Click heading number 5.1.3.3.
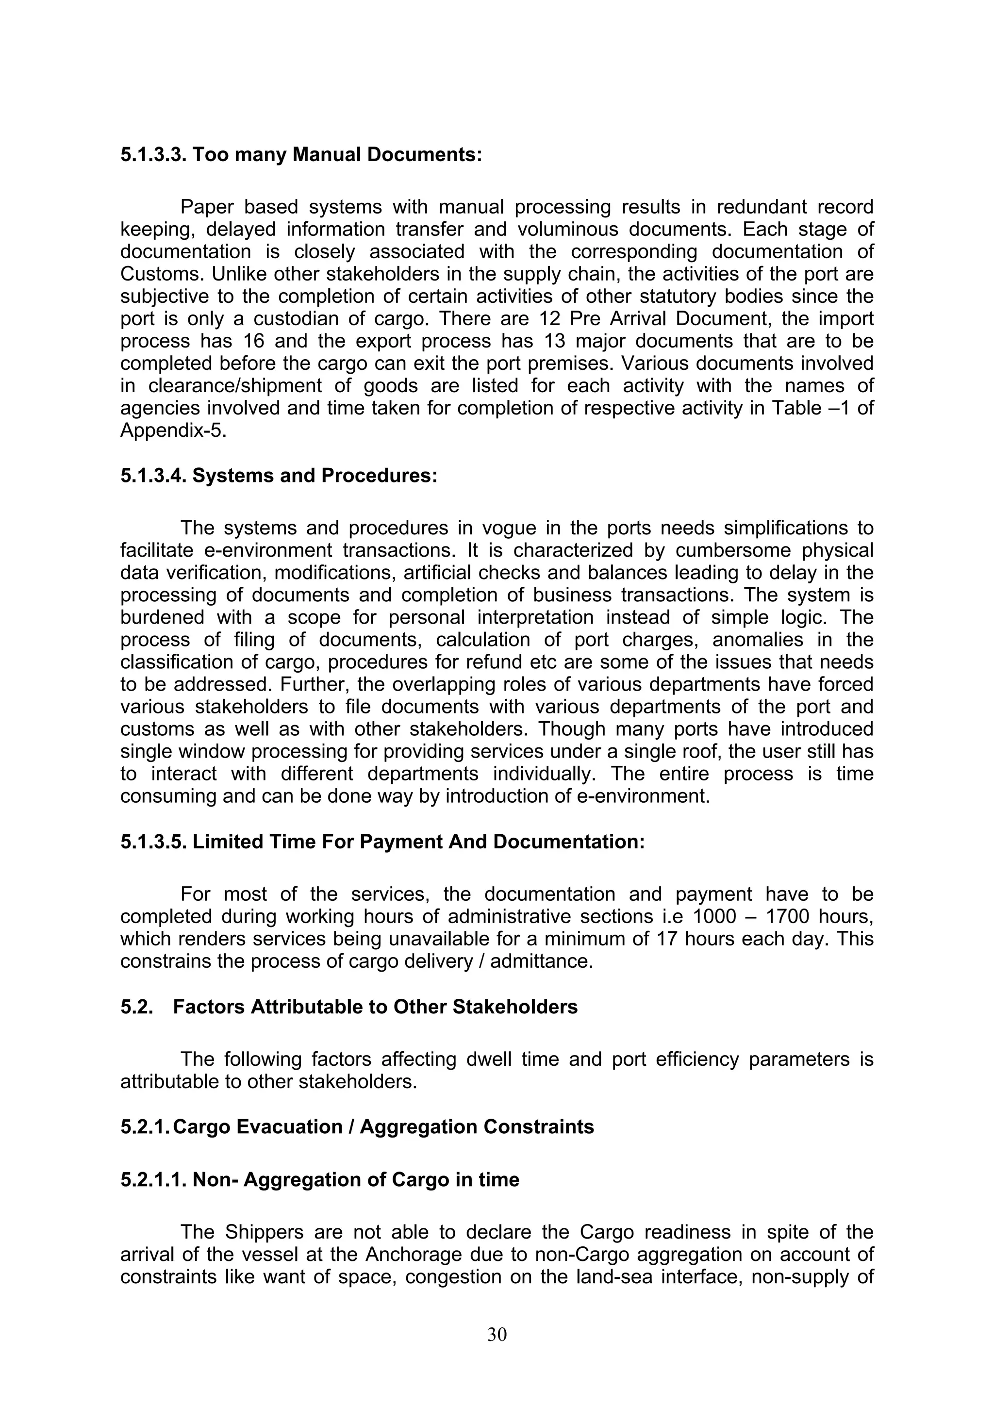[x=153, y=154]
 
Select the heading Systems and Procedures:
[x=315, y=476]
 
